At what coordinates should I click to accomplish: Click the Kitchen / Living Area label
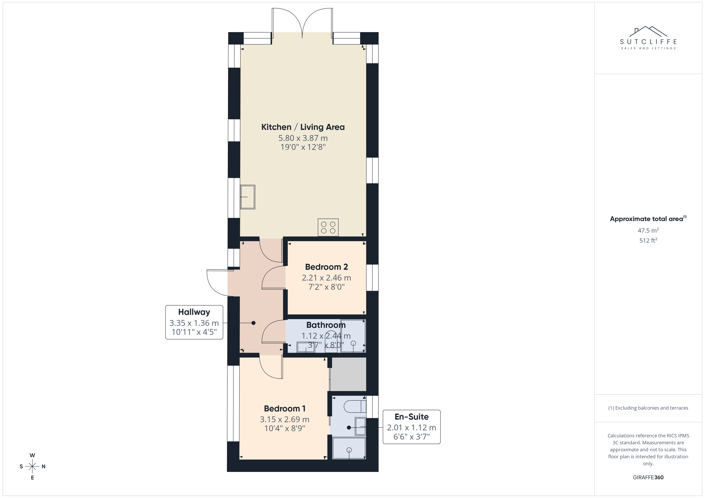(303, 127)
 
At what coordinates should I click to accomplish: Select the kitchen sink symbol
(247, 197)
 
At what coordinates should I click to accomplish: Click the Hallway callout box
(194, 322)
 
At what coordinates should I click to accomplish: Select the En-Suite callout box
(411, 427)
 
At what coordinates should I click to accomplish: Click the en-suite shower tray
(349, 448)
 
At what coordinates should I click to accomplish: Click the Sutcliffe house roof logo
(648, 32)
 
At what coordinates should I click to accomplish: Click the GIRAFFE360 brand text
(648, 477)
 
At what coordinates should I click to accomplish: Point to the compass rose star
(32, 466)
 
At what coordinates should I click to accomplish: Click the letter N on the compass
(44, 466)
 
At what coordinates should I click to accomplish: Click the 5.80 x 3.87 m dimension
(303, 138)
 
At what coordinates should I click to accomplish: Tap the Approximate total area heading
(648, 219)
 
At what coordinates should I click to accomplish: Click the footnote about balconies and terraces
(648, 408)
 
